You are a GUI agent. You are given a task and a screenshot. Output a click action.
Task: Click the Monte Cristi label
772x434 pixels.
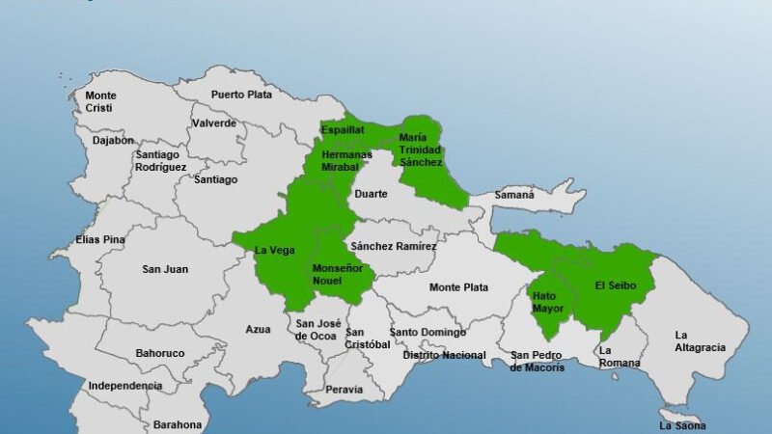[101, 102]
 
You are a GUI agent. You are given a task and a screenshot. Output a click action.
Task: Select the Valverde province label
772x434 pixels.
[214, 123]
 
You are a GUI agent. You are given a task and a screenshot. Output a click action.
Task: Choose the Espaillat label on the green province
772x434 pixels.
[343, 130]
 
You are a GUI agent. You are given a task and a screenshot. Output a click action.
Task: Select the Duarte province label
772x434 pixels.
[372, 194]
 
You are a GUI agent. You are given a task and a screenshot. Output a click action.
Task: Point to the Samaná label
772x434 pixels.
[514, 195]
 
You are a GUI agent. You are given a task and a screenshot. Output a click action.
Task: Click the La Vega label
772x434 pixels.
[274, 251]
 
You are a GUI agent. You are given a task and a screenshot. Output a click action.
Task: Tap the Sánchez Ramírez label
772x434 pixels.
[394, 247]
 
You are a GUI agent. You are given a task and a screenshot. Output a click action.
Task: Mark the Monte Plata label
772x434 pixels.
[458, 287]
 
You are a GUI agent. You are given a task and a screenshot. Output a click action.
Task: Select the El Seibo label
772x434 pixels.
[614, 285]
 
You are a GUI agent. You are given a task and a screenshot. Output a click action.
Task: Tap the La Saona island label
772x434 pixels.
[683, 425]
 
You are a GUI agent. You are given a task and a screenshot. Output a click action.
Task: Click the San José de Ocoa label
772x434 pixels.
[317, 329]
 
